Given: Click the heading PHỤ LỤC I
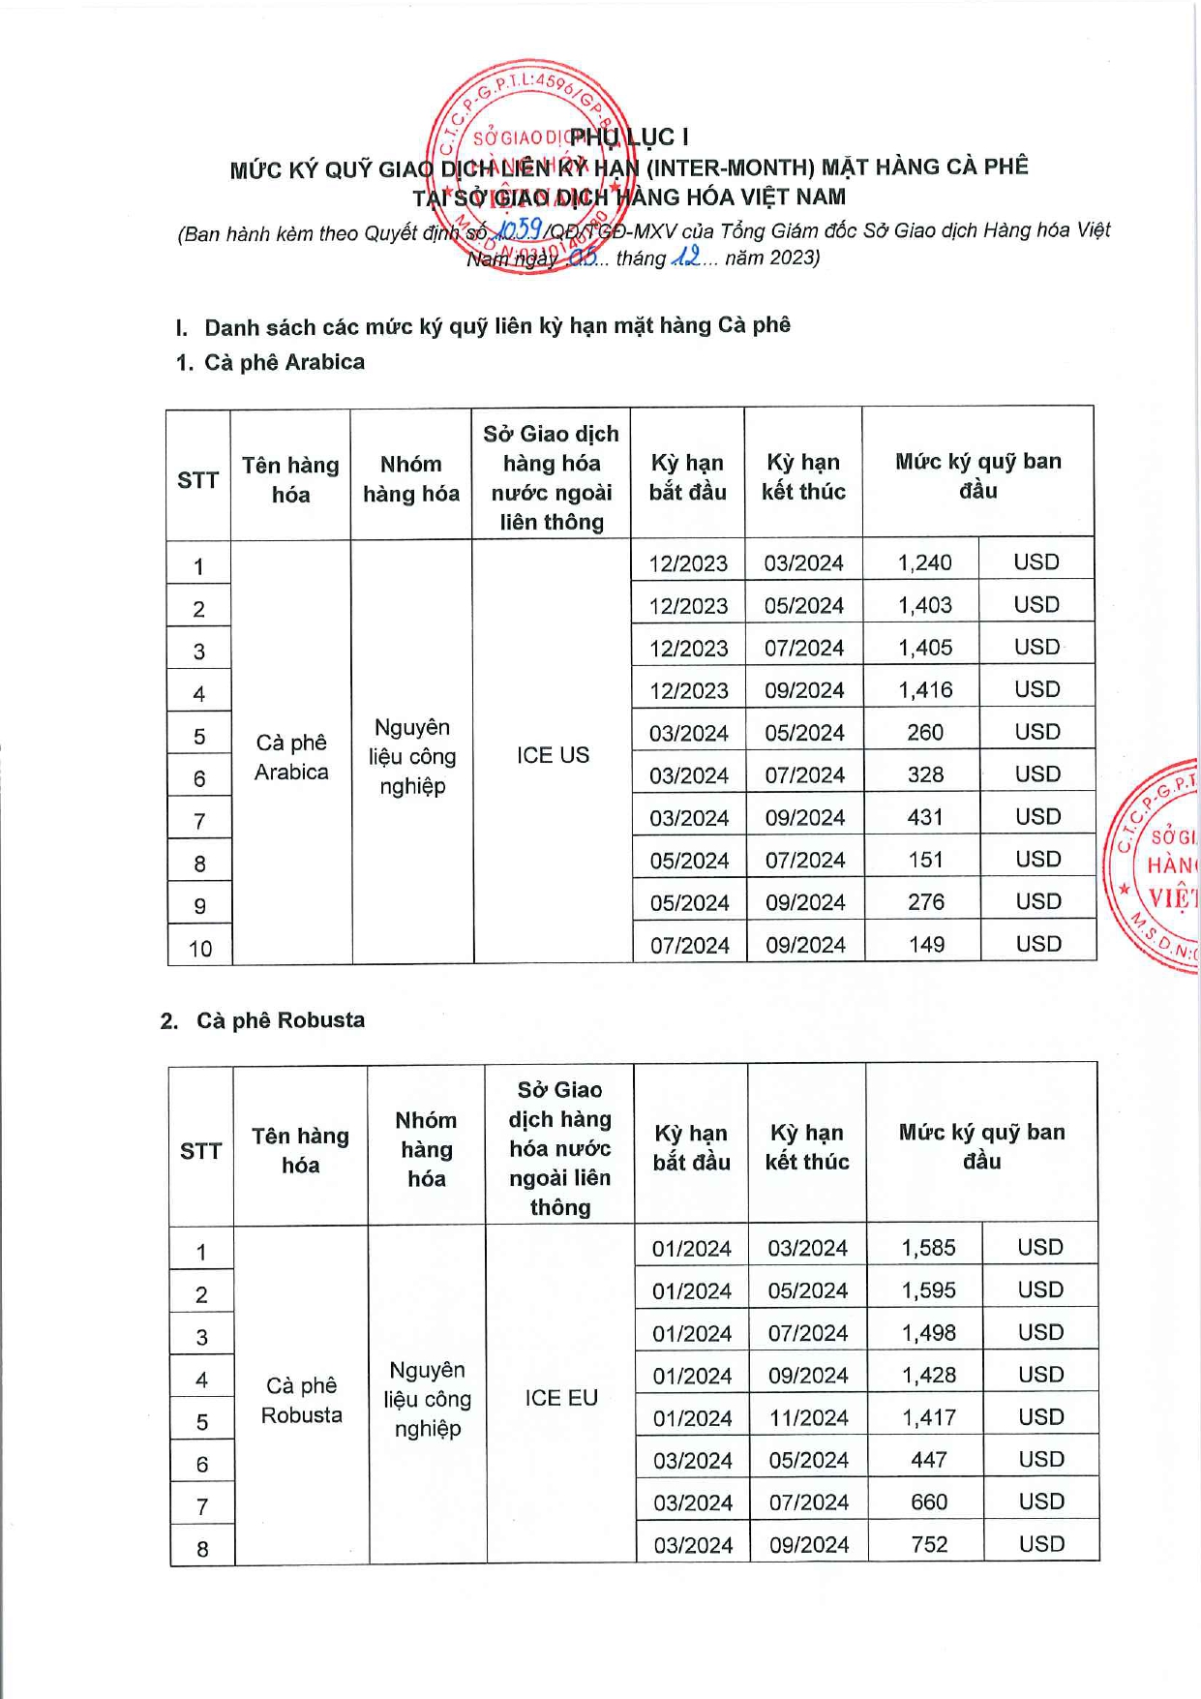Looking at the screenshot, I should tap(629, 137).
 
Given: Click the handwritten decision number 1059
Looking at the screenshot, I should tap(519, 229).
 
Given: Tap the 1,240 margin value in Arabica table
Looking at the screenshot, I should tap(924, 562).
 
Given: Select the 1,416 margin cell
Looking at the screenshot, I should tap(925, 690).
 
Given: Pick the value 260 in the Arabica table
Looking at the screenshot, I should tap(925, 733).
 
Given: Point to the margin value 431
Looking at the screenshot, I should tap(925, 817).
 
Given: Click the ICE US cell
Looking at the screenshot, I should tap(553, 755).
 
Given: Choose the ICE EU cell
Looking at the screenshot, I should tap(561, 1398).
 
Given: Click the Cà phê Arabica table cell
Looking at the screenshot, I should tap(291, 757).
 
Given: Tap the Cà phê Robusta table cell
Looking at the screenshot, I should tap(301, 1400).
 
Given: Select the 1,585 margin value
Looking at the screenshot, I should tap(928, 1248).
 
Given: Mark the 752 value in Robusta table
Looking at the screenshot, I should tap(929, 1544).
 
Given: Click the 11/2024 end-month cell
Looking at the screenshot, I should tap(808, 1418).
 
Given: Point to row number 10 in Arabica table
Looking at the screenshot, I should tap(200, 949).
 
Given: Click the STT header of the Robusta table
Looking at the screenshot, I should tap(200, 1151).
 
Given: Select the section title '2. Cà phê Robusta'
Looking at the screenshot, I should tap(263, 1020).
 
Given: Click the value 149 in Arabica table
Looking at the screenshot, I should tap(926, 944).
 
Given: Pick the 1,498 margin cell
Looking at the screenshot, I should tap(928, 1333).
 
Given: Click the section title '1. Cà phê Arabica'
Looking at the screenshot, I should tap(271, 362).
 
